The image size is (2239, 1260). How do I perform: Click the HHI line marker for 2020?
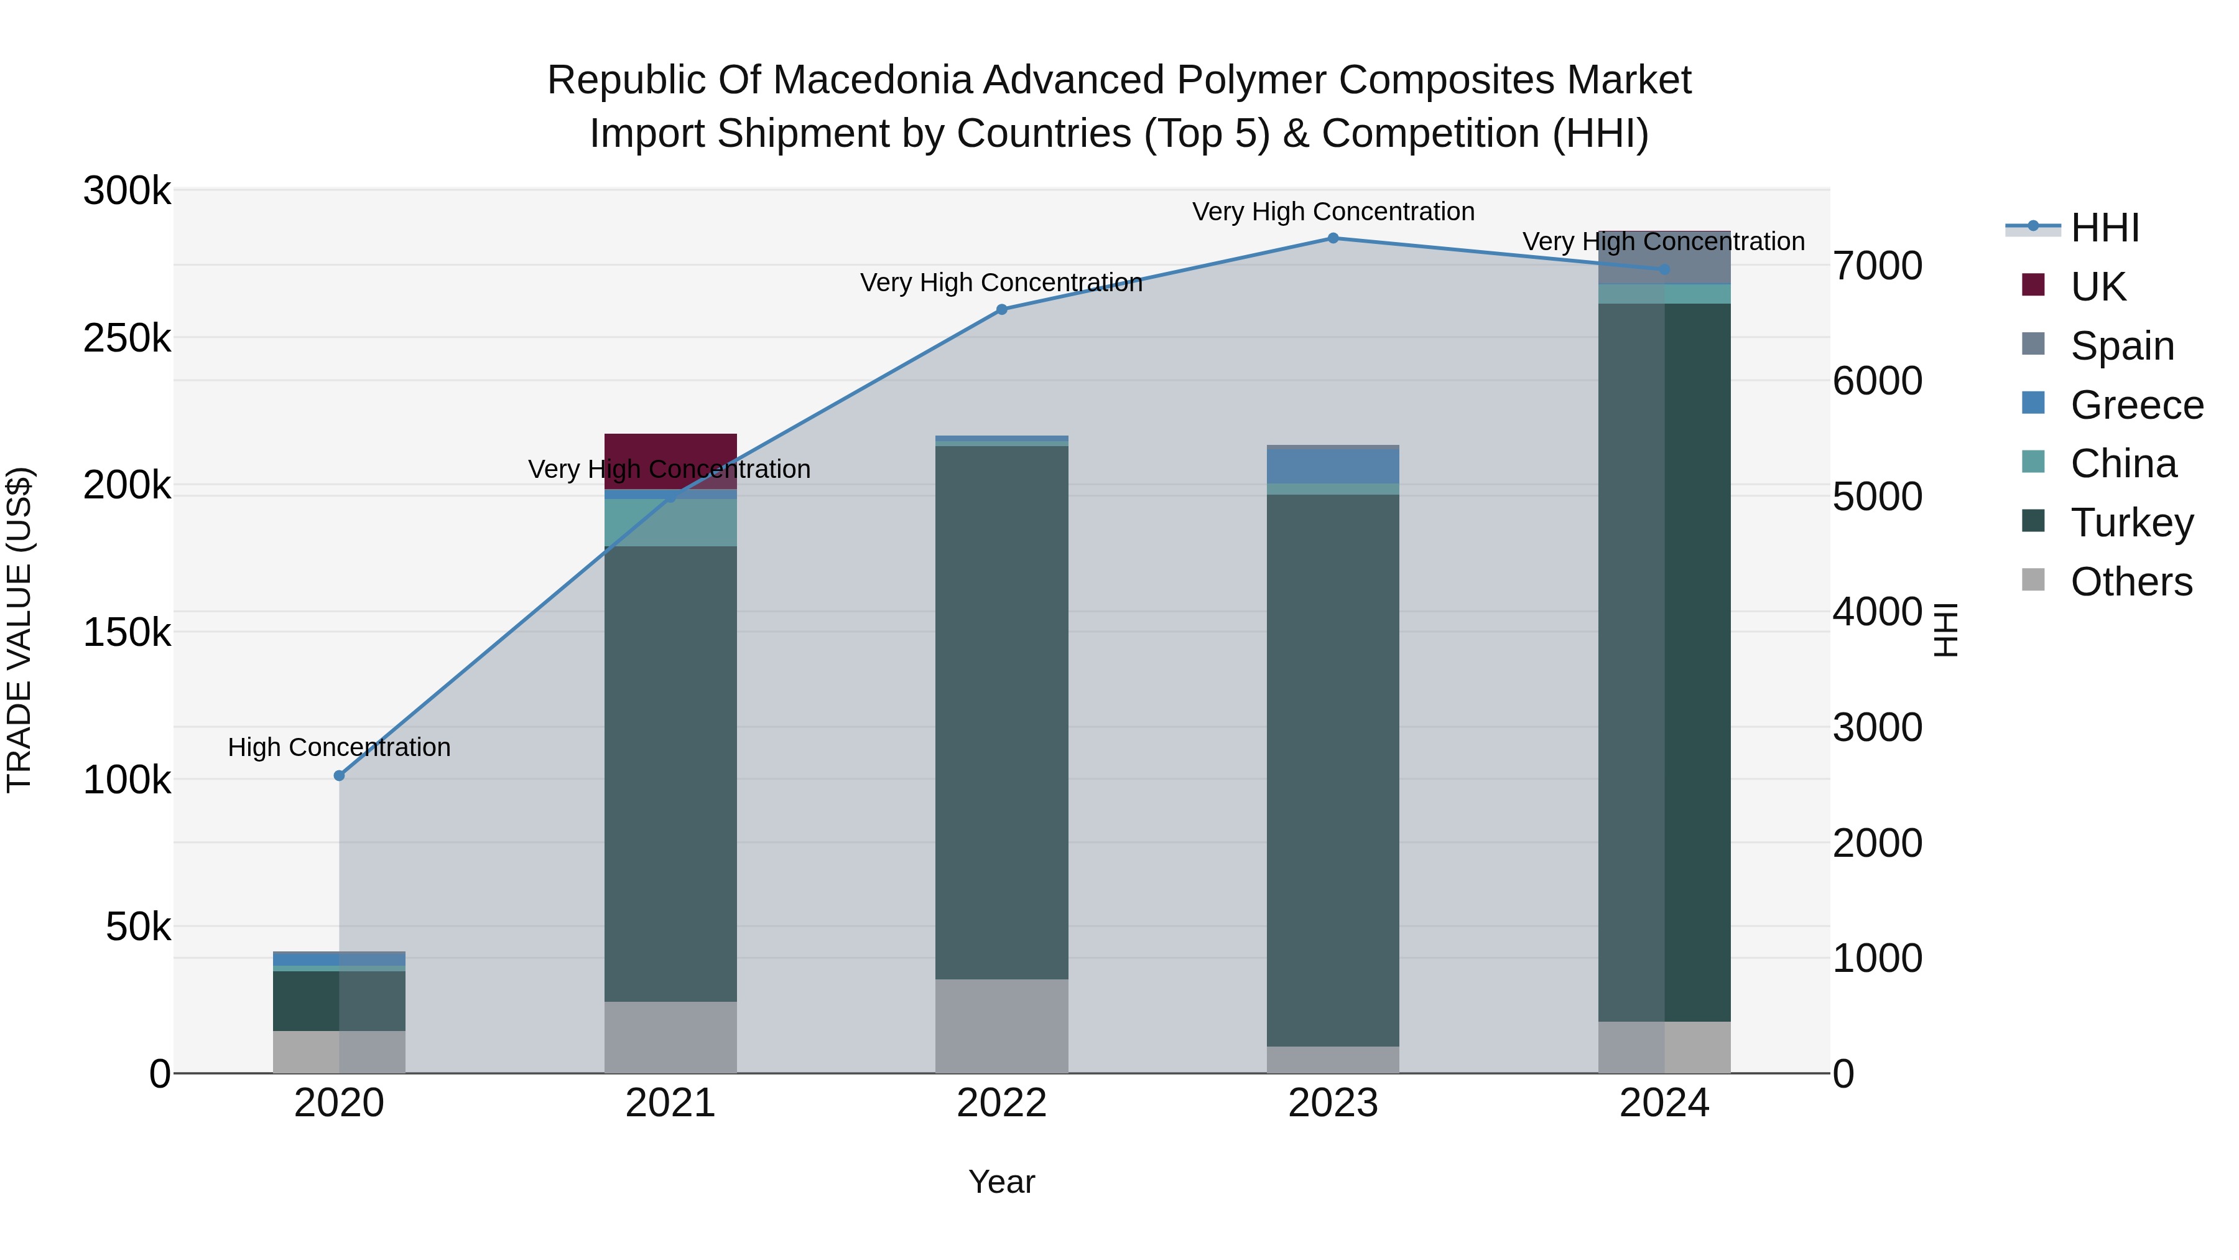[339, 776]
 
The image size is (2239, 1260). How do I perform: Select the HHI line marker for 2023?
[1332, 238]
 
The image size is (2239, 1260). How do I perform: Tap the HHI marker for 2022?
[1001, 310]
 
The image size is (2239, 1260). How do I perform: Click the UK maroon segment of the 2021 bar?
[670, 452]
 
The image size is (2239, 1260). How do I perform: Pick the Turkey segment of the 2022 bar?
[1001, 713]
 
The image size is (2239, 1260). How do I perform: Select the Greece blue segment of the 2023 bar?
[1332, 466]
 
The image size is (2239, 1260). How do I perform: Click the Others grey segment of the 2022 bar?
[1001, 1026]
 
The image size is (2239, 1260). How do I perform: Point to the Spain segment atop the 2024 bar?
[1664, 258]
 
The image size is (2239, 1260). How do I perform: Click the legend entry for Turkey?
[2131, 523]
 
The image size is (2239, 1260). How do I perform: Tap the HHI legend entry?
[2103, 228]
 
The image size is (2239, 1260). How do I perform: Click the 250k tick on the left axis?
[127, 338]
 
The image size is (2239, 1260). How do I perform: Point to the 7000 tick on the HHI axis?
[1878, 266]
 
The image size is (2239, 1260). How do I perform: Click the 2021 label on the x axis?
[670, 1103]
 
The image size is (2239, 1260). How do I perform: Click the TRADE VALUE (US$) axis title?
[19, 630]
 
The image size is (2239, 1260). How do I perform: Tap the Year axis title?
[1001, 1182]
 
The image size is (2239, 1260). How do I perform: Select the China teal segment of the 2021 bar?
[670, 523]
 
